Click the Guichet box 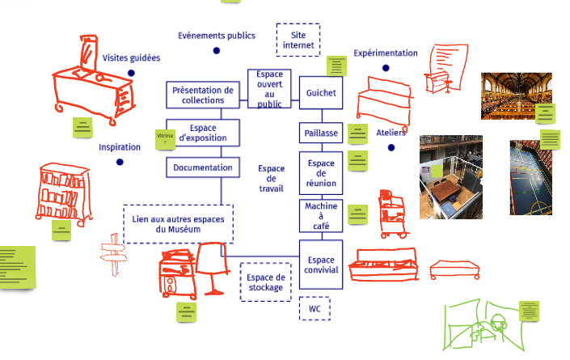[x=321, y=92]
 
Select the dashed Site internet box [x=298, y=40]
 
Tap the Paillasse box [x=321, y=133]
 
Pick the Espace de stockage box [x=265, y=282]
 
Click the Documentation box [x=203, y=167]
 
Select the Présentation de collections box [x=203, y=95]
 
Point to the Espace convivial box [x=321, y=265]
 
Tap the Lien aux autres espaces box [x=178, y=224]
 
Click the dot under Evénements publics [x=217, y=51]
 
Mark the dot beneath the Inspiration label [x=120, y=162]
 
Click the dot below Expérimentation [x=386, y=68]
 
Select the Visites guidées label [x=131, y=57]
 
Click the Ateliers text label [x=391, y=133]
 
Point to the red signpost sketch [x=113, y=254]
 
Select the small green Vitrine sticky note [x=165, y=139]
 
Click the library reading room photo [x=517, y=95]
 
